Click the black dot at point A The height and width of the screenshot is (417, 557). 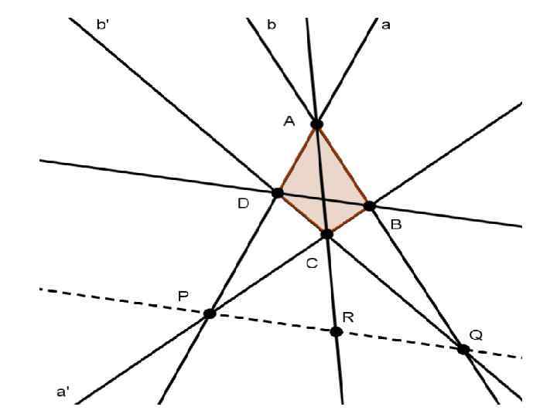click(x=316, y=124)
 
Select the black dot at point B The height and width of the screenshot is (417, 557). click(x=370, y=205)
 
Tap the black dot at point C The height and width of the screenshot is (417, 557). click(x=327, y=233)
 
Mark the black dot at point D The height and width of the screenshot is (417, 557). click(x=278, y=192)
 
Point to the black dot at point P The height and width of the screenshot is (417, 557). click(x=209, y=313)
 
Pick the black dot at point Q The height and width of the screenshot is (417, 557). click(x=463, y=349)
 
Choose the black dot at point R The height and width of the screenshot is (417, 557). click(x=336, y=331)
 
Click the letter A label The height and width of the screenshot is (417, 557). click(x=290, y=120)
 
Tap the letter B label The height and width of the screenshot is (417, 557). click(x=395, y=225)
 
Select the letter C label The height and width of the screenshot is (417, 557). click(x=311, y=263)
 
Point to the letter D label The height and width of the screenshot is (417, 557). click(x=243, y=204)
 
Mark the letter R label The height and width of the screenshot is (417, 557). click(x=348, y=317)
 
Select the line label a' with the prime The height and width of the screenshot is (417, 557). click(x=63, y=392)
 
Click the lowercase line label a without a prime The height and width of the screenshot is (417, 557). click(x=386, y=25)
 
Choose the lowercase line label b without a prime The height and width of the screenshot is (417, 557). click(x=271, y=25)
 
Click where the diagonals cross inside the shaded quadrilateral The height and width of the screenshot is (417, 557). click(x=321, y=198)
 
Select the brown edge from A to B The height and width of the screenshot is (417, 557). click(x=343, y=164)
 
